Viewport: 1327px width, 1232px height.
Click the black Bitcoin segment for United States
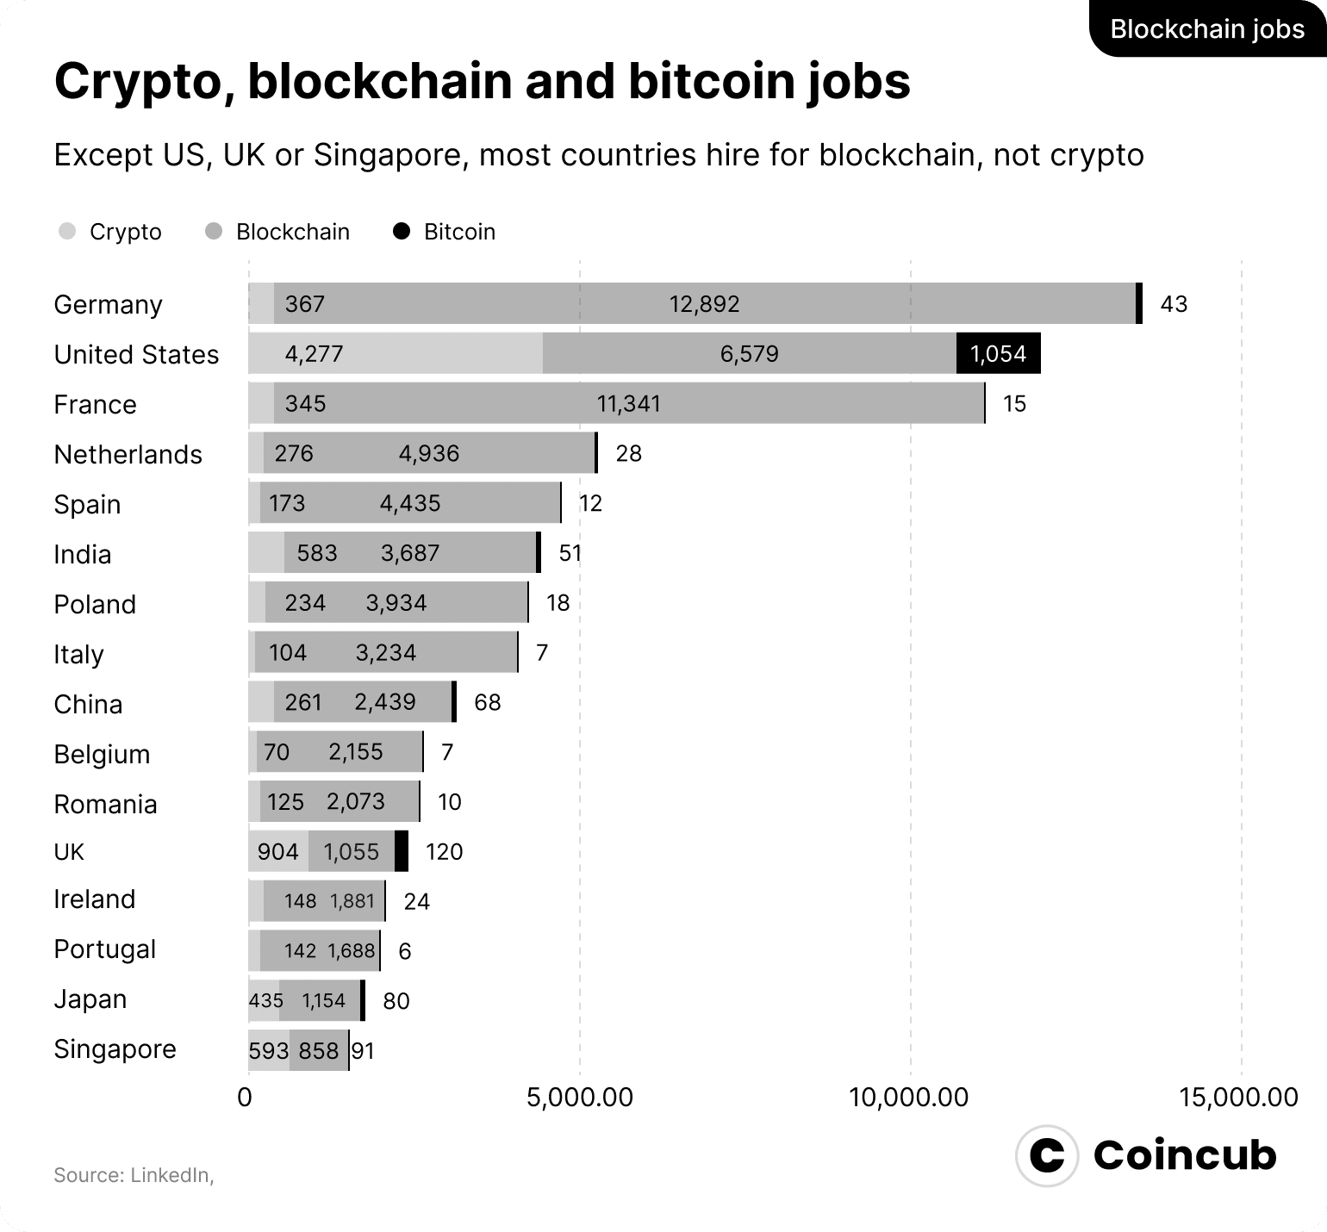click(998, 354)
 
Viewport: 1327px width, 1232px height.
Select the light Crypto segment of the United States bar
click(395, 354)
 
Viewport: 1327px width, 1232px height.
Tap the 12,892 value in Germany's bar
click(704, 304)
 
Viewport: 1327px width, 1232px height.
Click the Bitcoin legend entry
click(445, 232)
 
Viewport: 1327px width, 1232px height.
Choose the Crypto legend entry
click(110, 232)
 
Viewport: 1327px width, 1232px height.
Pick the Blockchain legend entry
click(277, 232)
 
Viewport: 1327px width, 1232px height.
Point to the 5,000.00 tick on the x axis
click(579, 1098)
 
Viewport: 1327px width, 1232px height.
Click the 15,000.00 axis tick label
click(1239, 1098)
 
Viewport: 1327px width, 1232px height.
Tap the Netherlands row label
click(128, 454)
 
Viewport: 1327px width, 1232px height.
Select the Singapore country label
click(115, 1048)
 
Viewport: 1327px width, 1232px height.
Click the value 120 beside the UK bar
click(444, 852)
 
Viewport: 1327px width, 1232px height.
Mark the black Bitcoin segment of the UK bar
click(402, 852)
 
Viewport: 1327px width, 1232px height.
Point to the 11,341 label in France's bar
click(628, 404)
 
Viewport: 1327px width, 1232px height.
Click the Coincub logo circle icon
click(1047, 1155)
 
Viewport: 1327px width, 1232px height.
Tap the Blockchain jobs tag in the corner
click(1207, 28)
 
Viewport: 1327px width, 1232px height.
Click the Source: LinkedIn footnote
click(134, 1175)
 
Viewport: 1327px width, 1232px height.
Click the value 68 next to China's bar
click(487, 702)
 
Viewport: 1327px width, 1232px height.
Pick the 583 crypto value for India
click(316, 552)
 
